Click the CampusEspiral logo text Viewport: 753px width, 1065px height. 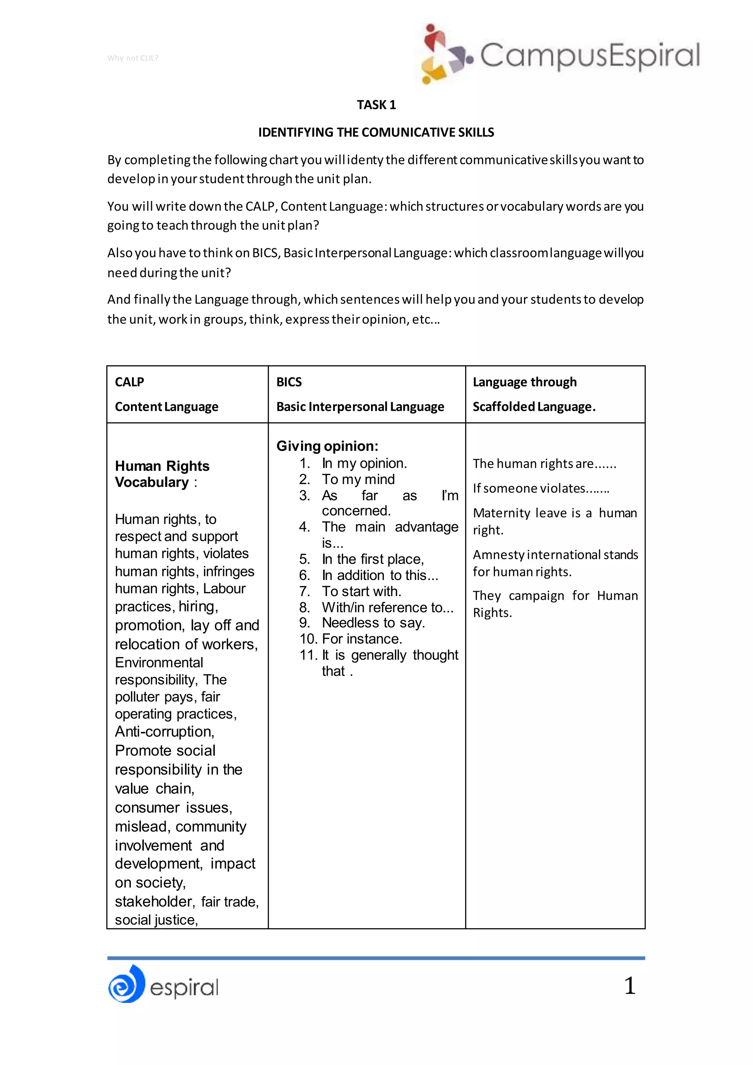(x=590, y=56)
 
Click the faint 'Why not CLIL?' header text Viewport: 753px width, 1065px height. (x=133, y=58)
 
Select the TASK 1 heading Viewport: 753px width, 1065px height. (x=376, y=105)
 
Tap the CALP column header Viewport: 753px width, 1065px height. (x=129, y=382)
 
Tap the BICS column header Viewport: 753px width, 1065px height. (x=289, y=382)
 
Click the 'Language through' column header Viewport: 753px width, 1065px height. (x=524, y=382)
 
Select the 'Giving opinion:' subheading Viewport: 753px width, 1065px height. (x=327, y=446)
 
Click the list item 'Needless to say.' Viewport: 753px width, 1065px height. (x=373, y=623)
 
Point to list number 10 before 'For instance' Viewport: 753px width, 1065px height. (x=308, y=639)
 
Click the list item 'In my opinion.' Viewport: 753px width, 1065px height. (x=364, y=463)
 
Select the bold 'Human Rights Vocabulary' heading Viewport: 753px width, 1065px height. (x=162, y=474)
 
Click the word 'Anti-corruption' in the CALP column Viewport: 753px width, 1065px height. (x=164, y=731)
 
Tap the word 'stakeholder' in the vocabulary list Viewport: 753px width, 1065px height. (x=153, y=901)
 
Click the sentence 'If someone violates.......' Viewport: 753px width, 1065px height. (x=540, y=488)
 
